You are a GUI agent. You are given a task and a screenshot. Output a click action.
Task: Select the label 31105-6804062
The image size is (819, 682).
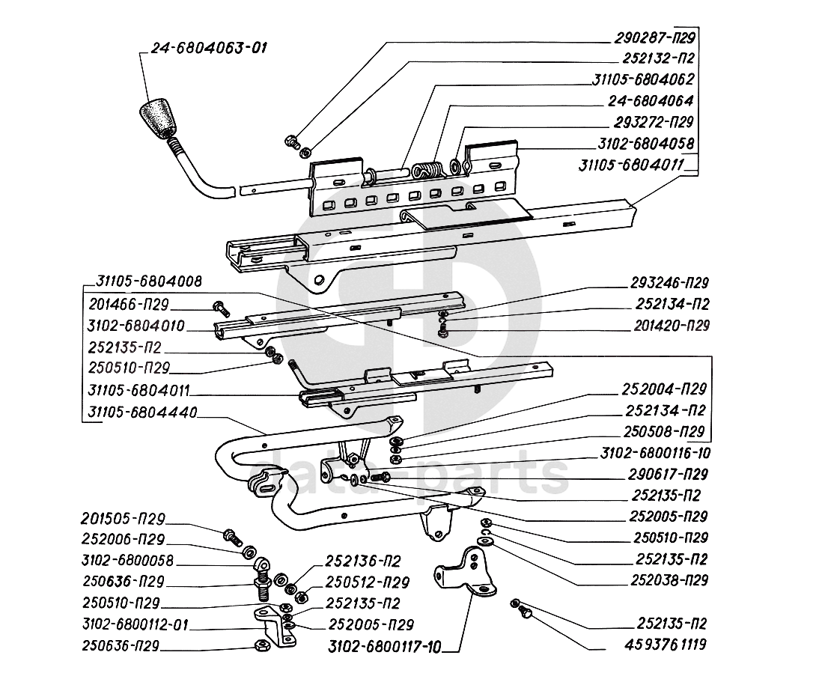(x=645, y=79)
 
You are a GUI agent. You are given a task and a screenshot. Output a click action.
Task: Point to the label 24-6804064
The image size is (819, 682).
(x=651, y=100)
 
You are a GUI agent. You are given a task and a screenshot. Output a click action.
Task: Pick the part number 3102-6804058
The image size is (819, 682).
(x=645, y=142)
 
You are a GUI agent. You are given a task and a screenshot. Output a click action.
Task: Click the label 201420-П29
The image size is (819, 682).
(x=669, y=326)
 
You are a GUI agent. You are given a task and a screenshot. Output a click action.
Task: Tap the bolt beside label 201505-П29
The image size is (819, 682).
(x=231, y=535)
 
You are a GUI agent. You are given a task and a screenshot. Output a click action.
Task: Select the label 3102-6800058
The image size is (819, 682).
(x=127, y=559)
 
